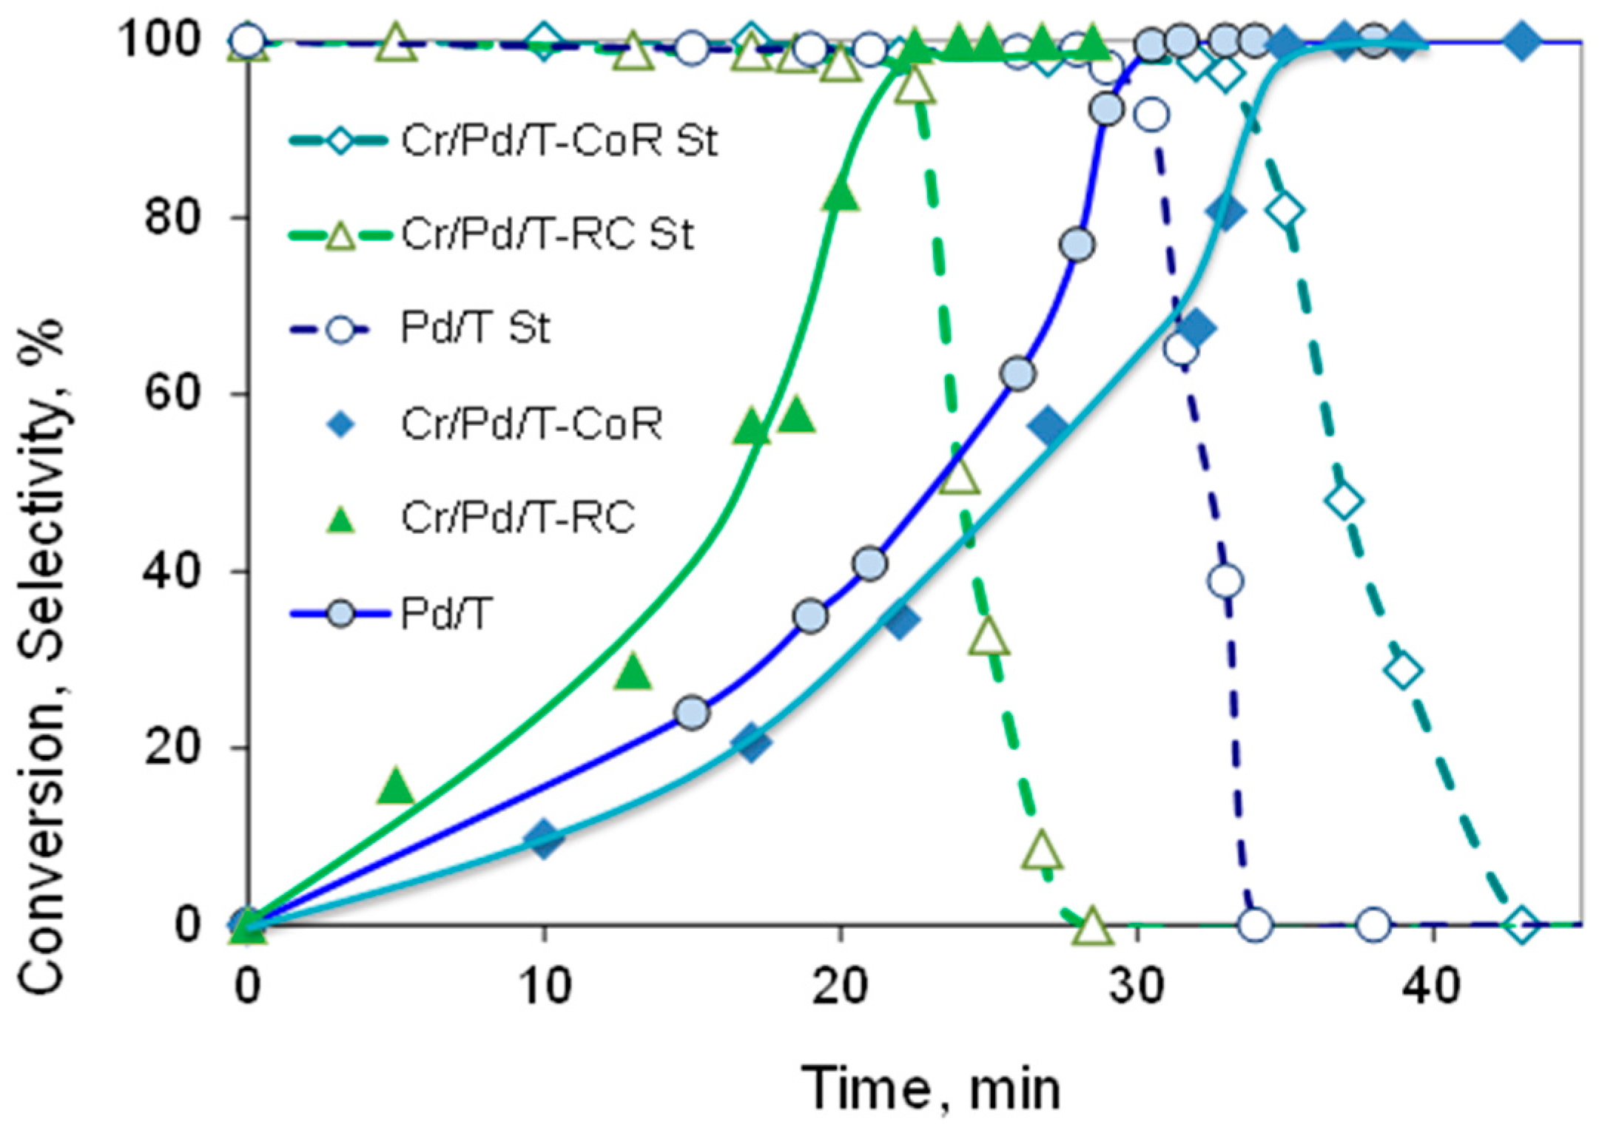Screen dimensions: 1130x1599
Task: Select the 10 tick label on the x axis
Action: pos(544,987)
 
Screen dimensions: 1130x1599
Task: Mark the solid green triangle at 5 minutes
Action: pos(396,786)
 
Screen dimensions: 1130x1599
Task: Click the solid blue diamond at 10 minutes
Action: pos(544,838)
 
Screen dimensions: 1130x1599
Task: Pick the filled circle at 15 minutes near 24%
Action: pos(693,712)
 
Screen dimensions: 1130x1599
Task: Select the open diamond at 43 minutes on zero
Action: pos(1521,924)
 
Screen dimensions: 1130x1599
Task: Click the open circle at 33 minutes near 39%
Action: pos(1225,581)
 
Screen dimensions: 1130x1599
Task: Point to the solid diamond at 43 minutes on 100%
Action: pos(1521,41)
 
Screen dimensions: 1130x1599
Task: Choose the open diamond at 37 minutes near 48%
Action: pos(1344,501)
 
